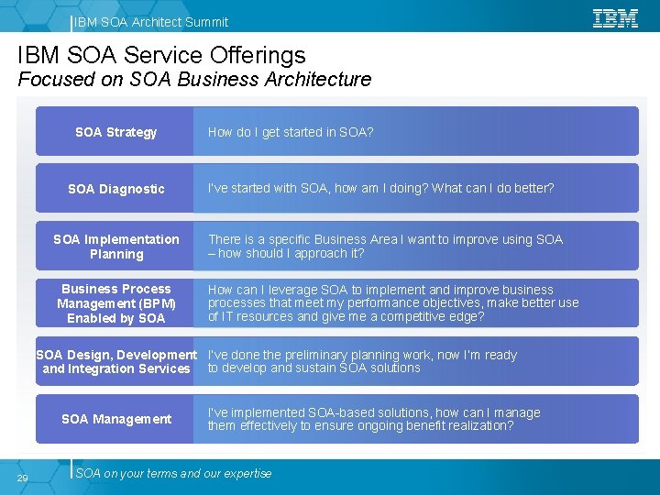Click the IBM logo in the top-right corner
click(615, 17)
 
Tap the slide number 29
click(23, 478)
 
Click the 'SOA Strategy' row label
click(116, 132)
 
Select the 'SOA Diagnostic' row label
click(116, 189)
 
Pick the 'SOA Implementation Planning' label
click(116, 247)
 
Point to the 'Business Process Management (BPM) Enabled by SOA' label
click(116, 303)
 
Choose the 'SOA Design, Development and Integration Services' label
click(116, 361)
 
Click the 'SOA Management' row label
click(116, 419)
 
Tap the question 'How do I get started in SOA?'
click(291, 132)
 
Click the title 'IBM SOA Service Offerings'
click(161, 56)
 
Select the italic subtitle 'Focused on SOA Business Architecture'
click(194, 80)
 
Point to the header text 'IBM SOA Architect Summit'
click(151, 22)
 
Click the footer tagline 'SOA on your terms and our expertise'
click(174, 474)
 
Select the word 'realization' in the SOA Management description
click(481, 425)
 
